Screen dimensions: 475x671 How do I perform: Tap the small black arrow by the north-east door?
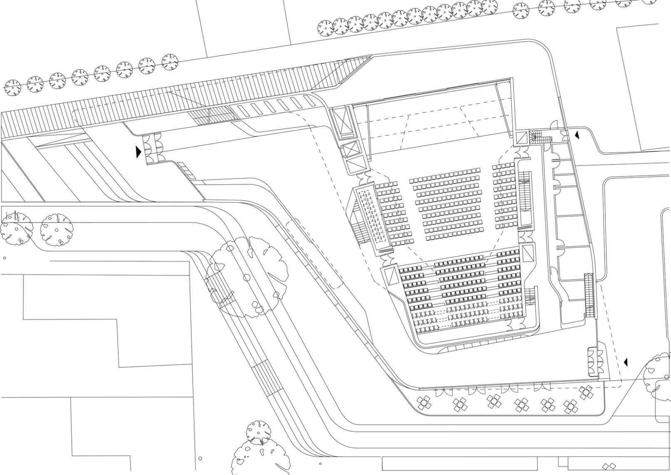(x=577, y=135)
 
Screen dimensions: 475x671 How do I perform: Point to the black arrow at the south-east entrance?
(x=625, y=362)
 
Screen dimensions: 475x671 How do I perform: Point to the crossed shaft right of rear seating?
(x=527, y=254)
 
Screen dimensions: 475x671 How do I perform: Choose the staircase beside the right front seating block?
(x=524, y=200)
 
